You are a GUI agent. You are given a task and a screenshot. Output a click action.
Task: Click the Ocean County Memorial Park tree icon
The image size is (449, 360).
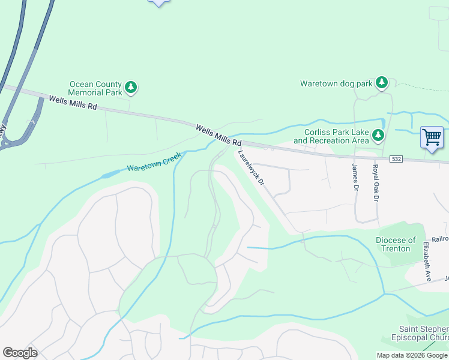pos(131,88)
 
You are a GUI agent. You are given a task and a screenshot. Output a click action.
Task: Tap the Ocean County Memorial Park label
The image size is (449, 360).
pos(95,89)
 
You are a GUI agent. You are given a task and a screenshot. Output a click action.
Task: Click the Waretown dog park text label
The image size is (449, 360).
pos(336,84)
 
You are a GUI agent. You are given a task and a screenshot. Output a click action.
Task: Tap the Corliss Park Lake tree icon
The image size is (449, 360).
pos(378,136)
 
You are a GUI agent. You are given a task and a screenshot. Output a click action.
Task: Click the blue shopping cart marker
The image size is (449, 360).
pos(432,137)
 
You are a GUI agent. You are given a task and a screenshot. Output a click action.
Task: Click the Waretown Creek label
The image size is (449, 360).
pos(154,161)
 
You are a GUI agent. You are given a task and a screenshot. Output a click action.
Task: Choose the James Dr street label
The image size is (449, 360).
pos(354,179)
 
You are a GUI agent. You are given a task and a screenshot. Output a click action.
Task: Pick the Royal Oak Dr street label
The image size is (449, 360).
pos(376,182)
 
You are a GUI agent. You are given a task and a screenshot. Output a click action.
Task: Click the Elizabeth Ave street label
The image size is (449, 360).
pos(427,262)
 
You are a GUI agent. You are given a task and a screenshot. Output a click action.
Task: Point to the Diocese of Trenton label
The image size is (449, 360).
pos(396,244)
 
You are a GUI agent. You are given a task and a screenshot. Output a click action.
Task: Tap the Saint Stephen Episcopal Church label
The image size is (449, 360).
pos(424,333)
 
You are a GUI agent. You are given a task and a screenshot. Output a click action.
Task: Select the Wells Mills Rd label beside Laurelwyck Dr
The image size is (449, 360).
pos(218,134)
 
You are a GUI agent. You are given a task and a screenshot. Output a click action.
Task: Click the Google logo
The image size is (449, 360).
pos(20,353)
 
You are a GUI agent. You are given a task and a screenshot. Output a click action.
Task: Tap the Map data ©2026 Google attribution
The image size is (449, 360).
pos(412,355)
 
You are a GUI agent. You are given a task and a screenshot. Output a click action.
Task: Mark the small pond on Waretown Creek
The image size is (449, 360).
pos(110,175)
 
